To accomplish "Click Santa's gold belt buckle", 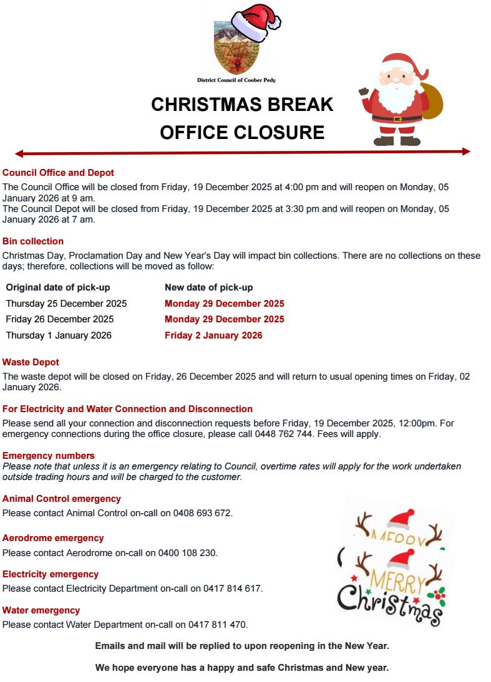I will coord(397,118).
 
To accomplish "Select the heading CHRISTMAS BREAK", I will coord(242,105).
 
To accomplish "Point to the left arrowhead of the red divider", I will coord(19,153).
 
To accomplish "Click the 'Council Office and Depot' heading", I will coord(58,173).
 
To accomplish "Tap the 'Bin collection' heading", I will coord(33,241).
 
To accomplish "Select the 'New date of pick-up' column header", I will coord(208,287).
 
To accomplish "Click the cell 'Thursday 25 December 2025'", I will coord(66,304).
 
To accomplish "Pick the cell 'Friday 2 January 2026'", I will coord(213,335).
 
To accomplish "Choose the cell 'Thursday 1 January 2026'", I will coord(59,335).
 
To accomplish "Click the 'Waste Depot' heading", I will coord(31,362).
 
